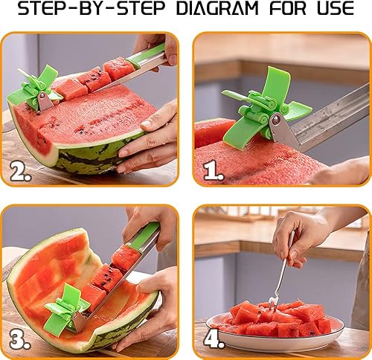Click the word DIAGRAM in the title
click(x=217, y=8)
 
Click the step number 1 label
click(x=214, y=171)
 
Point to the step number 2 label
click(x=21, y=172)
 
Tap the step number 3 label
click(x=20, y=340)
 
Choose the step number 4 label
click(x=214, y=339)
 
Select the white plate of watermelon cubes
click(x=275, y=327)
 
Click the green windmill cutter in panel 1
click(x=263, y=109)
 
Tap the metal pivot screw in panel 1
click(x=276, y=121)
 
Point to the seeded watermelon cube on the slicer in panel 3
click(x=106, y=277)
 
